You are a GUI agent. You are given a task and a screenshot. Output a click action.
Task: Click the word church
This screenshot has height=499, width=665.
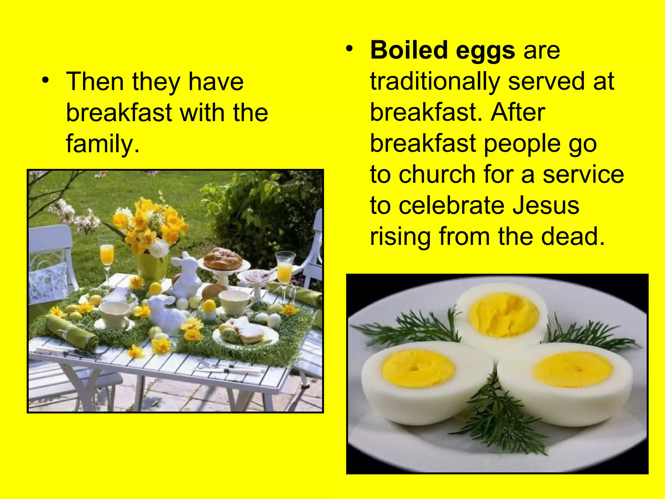pos(437,174)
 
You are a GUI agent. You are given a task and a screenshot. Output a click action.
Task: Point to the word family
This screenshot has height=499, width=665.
pos(103,144)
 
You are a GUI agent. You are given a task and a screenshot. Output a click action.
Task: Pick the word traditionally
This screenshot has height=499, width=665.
pos(435,82)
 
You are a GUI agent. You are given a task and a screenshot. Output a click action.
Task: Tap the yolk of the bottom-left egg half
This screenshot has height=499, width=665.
pos(417,368)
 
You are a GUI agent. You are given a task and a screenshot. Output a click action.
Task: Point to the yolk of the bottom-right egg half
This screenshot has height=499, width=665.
pos(573,369)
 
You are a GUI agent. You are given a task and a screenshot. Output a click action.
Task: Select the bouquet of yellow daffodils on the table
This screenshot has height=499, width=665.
pos(149,224)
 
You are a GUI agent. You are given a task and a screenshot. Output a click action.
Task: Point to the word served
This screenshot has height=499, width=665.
pos(546,82)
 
